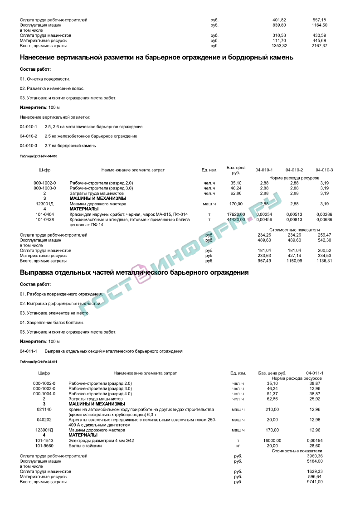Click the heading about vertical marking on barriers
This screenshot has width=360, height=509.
pos(156,58)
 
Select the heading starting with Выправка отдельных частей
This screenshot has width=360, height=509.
pos(134,273)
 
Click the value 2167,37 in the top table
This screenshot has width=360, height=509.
pos(319,46)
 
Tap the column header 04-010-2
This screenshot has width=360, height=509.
pos(294,170)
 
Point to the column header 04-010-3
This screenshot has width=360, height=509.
pos(324,170)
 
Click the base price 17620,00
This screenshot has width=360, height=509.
pos(236,214)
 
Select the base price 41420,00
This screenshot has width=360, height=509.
pos(236,219)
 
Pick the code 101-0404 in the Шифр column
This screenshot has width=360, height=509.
pos(45,214)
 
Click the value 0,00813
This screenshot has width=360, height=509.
pos(294,219)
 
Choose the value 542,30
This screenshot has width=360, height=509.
pos(324,240)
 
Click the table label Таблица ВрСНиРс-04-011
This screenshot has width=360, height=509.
pos(39,362)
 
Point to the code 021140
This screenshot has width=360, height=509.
pos(44,409)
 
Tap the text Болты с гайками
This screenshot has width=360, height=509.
pos(85,446)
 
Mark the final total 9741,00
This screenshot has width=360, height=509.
pos(315,482)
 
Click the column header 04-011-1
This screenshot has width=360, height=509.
pos(315,373)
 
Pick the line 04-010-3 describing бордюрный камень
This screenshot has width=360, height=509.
pos(58,145)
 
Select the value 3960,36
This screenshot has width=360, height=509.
pos(315,456)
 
